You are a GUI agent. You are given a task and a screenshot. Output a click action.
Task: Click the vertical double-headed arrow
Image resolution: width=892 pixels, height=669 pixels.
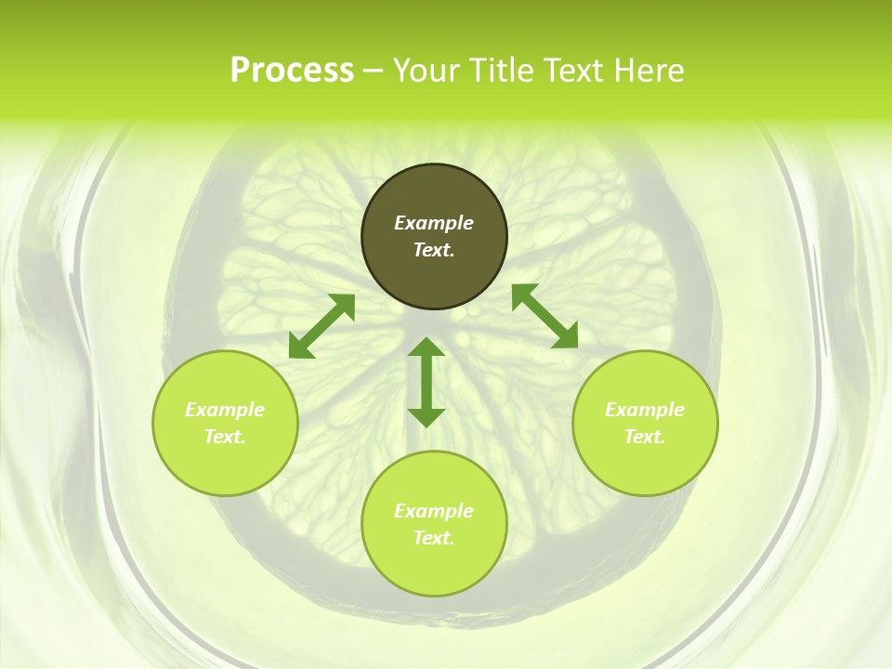click(426, 382)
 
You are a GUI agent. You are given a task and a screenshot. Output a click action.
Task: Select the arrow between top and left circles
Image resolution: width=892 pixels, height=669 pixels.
click(321, 326)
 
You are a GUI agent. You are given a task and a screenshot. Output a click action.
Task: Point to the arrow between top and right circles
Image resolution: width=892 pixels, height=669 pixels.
click(544, 316)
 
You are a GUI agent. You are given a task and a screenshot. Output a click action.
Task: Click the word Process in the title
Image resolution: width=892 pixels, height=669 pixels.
click(292, 71)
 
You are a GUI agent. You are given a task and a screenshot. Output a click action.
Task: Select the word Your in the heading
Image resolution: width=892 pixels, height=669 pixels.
click(426, 71)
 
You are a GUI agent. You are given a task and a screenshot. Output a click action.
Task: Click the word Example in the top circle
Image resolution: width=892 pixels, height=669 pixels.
click(434, 223)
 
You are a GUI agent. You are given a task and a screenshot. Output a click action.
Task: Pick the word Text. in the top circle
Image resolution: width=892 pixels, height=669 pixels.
click(434, 250)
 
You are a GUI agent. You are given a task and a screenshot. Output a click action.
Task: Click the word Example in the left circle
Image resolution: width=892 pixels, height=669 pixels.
click(225, 410)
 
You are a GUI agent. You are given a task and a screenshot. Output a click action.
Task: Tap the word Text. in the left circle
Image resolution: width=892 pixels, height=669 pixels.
click(225, 437)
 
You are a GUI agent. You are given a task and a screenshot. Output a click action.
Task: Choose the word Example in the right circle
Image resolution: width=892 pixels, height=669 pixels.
click(645, 410)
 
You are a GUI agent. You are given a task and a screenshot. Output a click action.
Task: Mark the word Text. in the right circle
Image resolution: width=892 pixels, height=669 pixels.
click(645, 437)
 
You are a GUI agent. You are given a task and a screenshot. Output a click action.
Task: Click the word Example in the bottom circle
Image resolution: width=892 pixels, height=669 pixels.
click(434, 511)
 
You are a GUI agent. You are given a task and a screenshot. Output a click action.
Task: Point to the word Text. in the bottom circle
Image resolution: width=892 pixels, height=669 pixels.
click(434, 538)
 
